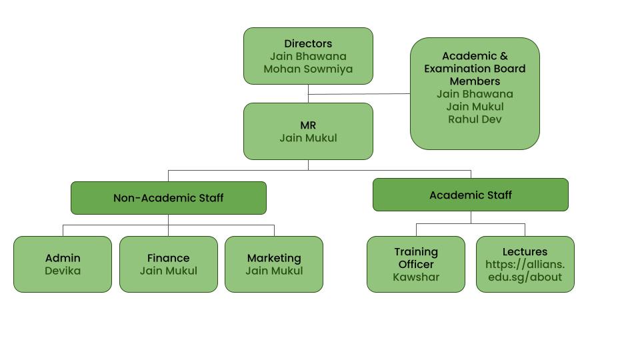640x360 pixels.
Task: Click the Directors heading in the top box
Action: pyautogui.click(x=308, y=44)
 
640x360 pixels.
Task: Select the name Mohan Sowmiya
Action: pyautogui.click(x=308, y=69)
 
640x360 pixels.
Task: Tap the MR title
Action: pyautogui.click(x=308, y=125)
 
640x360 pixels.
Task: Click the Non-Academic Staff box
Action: pyautogui.click(x=168, y=198)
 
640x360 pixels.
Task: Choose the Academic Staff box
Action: pyautogui.click(x=471, y=195)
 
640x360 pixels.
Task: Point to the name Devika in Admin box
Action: pyautogui.click(x=63, y=271)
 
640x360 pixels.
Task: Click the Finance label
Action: pyautogui.click(x=168, y=258)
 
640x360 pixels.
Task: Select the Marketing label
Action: pyautogui.click(x=274, y=258)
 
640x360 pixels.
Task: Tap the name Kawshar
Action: pyautogui.click(x=416, y=277)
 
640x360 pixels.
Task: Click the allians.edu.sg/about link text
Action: pyautogui.click(x=525, y=271)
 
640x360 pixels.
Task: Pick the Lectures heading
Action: pyautogui.click(x=525, y=252)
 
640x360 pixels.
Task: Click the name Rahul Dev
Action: pyautogui.click(x=475, y=119)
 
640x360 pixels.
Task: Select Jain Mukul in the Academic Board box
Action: pyautogui.click(x=475, y=107)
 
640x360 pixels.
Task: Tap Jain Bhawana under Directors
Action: pyautogui.click(x=308, y=57)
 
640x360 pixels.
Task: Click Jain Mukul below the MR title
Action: pyautogui.click(x=308, y=138)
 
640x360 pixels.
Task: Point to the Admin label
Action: pyautogui.click(x=63, y=258)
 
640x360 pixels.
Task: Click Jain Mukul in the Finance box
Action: pyautogui.click(x=168, y=271)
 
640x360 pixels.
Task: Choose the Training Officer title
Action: pyautogui.click(x=416, y=258)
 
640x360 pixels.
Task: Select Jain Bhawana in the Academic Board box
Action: pyautogui.click(x=475, y=94)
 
